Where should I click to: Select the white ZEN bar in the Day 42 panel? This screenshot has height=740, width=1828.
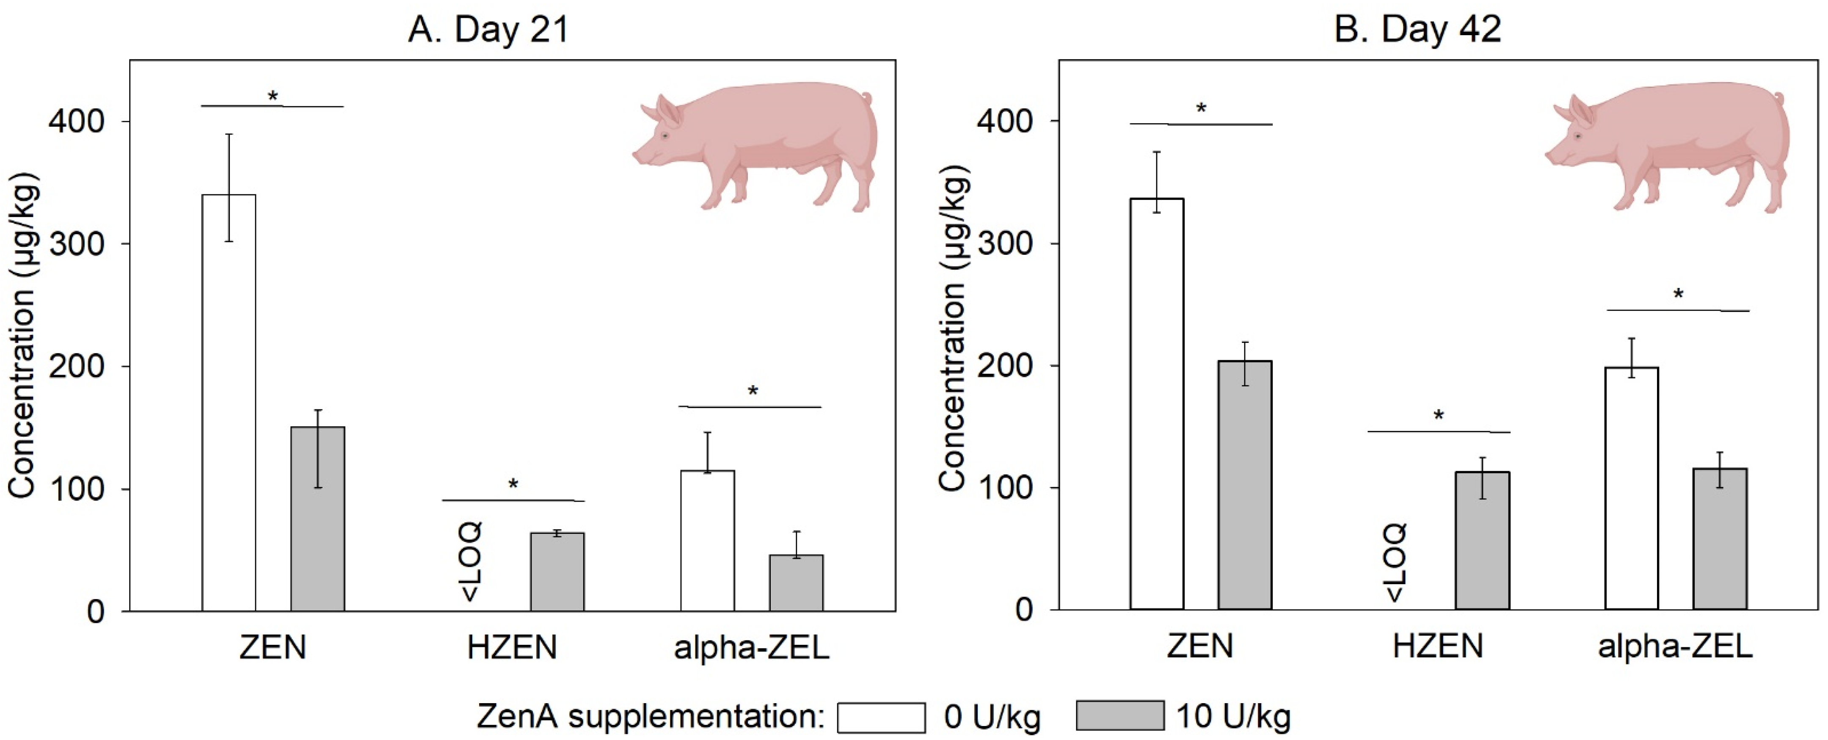(1157, 404)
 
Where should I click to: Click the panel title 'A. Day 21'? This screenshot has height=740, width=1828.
(488, 30)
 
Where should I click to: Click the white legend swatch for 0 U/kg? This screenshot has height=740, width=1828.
(881, 717)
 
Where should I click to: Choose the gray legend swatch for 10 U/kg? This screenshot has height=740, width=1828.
(1120, 715)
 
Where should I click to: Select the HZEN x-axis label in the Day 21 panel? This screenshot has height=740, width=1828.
(512, 647)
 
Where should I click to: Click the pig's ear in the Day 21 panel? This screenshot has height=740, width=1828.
(667, 112)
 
